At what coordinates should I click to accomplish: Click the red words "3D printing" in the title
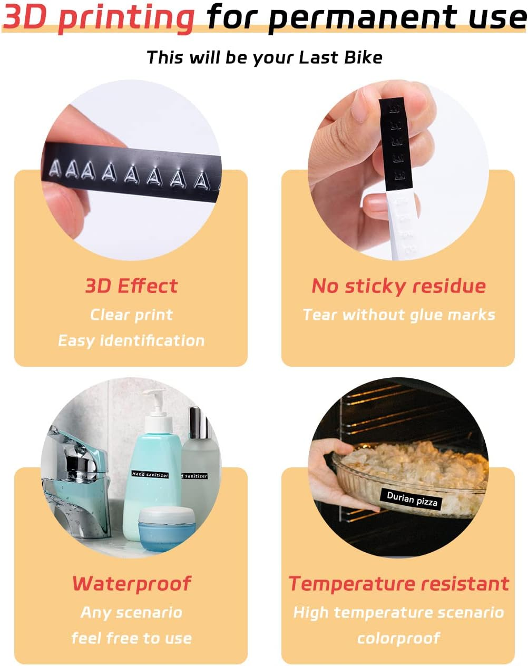pos(99,18)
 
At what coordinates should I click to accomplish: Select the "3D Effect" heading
pos(132,286)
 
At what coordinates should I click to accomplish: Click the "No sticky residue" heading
pos(398,286)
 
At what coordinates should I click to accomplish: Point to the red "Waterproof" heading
pos(132,584)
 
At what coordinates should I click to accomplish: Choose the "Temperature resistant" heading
pos(398,584)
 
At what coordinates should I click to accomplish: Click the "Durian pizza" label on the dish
pos(412,499)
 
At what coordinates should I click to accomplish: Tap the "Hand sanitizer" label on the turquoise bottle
pos(150,474)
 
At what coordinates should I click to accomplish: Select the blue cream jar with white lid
pos(167,532)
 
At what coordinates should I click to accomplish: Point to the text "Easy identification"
pos(132,341)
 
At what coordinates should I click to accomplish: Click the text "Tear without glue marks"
pos(398,315)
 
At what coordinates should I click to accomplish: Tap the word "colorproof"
pos(398,638)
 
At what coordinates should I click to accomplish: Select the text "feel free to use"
pos(132,638)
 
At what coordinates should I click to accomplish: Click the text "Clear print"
pos(132,315)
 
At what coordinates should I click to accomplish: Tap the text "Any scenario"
pos(132,612)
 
